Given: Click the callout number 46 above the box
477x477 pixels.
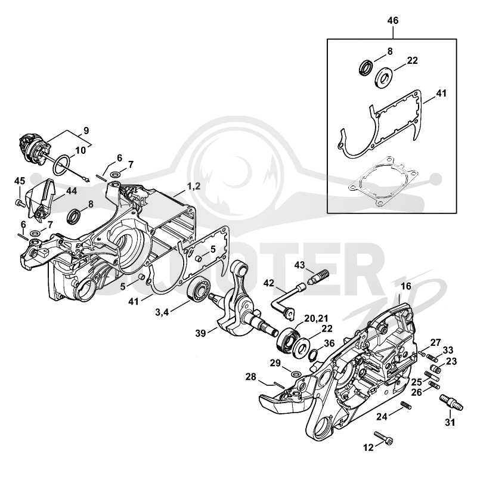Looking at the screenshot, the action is (393, 21).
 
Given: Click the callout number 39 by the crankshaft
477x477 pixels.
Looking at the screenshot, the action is (201, 333).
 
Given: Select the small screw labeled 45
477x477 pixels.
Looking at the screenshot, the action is (20, 203).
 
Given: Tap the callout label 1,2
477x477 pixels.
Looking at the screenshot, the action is (194, 186).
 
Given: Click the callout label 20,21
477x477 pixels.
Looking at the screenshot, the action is (317, 318).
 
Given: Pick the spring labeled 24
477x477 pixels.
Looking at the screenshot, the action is (406, 405).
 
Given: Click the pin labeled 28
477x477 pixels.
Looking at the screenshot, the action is (279, 385).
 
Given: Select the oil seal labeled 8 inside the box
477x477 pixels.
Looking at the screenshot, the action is (365, 67).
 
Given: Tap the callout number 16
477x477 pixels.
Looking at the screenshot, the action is (406, 286).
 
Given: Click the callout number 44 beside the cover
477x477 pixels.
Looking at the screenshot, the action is (72, 191).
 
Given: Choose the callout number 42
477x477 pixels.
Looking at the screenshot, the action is (269, 283).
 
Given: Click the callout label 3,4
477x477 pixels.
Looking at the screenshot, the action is (162, 312).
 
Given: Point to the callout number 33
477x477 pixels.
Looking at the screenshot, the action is (448, 350).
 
